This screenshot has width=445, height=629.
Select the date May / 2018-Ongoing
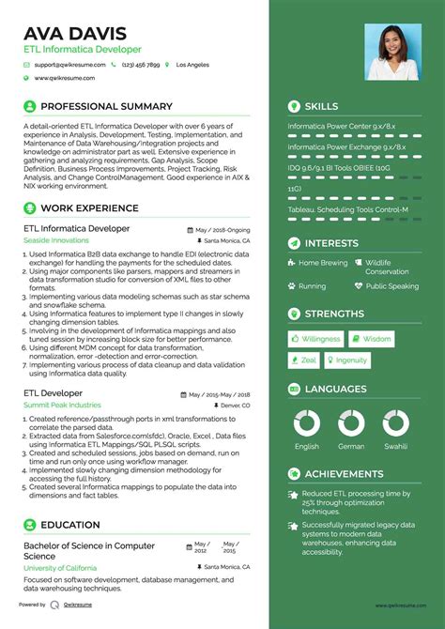point(222,229)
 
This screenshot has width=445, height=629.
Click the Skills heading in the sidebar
point(321,107)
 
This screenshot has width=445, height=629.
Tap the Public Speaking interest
point(391,286)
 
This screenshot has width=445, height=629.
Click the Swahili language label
point(394,447)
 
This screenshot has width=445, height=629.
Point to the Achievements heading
point(344,474)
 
